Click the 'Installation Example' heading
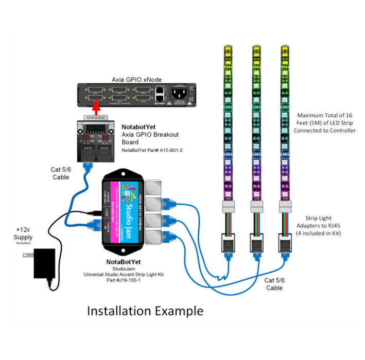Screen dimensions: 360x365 click(x=145, y=311)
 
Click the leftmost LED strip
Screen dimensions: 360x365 click(x=228, y=123)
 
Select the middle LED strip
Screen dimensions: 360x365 click(x=255, y=123)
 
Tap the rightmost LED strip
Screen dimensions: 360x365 click(x=284, y=123)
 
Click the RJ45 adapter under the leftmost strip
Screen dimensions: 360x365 click(x=228, y=241)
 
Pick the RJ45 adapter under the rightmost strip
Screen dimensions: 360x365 click(x=284, y=241)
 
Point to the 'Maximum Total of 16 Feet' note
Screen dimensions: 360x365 click(x=324, y=123)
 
